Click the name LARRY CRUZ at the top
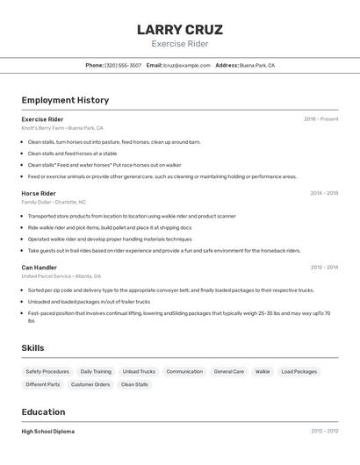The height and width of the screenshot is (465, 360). (180, 30)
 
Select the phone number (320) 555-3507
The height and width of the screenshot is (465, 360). (123, 65)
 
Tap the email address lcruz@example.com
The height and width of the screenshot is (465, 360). (186, 65)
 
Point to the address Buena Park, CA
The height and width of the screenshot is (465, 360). (257, 65)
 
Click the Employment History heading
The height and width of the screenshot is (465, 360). (65, 100)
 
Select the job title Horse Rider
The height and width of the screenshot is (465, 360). (39, 193)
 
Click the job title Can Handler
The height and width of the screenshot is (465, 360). (40, 267)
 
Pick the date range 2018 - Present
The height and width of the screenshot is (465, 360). (320, 119)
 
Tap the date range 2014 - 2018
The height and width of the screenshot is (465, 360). (323, 193)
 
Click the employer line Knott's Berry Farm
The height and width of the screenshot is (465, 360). (62, 128)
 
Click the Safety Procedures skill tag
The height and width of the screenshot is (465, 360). (47, 371)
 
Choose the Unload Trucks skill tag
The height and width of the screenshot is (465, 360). (139, 371)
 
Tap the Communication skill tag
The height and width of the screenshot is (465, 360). (184, 371)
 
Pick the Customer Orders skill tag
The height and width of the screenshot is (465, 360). (90, 384)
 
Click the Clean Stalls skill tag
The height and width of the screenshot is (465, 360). (134, 384)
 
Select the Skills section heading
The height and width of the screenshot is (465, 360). (33, 348)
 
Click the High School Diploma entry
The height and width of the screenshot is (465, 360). (48, 432)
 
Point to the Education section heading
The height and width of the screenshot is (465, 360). (44, 411)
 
